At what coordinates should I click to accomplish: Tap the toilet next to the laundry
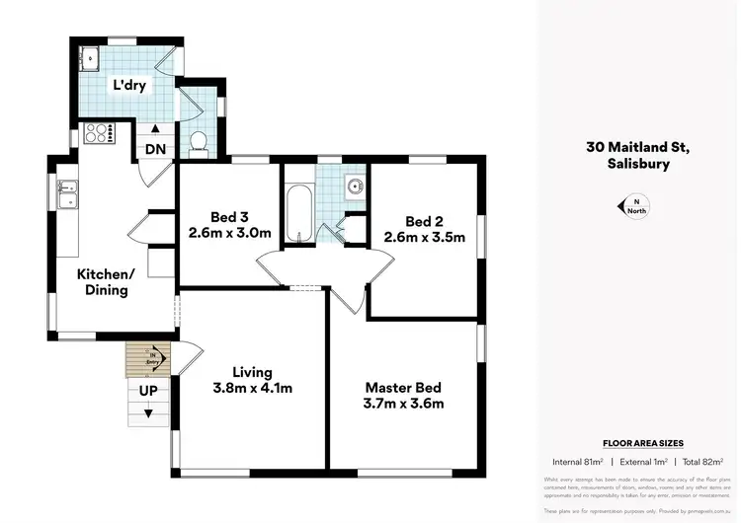pyautogui.click(x=199, y=142)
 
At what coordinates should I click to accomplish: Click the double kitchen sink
pyautogui.click(x=67, y=194)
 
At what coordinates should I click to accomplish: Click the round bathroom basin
pyautogui.click(x=354, y=186)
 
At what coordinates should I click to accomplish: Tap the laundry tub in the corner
pyautogui.click(x=89, y=58)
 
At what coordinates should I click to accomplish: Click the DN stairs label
pyautogui.click(x=155, y=149)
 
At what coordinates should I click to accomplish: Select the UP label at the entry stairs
pyautogui.click(x=149, y=391)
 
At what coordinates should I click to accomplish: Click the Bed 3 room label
pyautogui.click(x=228, y=218)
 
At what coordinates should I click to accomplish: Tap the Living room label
pyautogui.click(x=252, y=372)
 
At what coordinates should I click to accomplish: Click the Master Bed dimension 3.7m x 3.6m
pyautogui.click(x=404, y=404)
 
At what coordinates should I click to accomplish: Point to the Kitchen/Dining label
pyautogui.click(x=106, y=282)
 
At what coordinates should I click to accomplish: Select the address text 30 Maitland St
pyautogui.click(x=634, y=147)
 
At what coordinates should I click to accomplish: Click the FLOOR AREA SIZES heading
pyautogui.click(x=643, y=444)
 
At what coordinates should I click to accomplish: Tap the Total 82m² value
pyautogui.click(x=702, y=462)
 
